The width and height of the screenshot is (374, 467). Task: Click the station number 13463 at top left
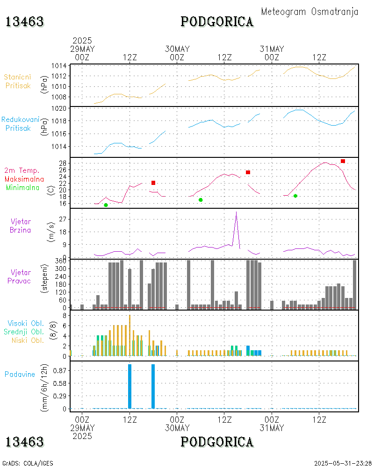[x=24, y=22]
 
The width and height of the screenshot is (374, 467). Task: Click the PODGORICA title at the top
[x=217, y=22]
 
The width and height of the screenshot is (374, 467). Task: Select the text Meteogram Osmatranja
[x=309, y=12]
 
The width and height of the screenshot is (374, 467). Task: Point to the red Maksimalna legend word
[x=24, y=179]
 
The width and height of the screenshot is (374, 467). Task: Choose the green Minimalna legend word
[x=23, y=187]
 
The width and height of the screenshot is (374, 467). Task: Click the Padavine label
[x=20, y=374]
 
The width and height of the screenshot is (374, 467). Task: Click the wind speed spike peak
[x=236, y=212]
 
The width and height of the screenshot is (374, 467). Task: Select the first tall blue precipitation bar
[x=129, y=386]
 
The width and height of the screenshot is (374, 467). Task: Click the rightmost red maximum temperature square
[x=343, y=161]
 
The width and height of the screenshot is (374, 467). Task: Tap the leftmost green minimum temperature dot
[x=106, y=205]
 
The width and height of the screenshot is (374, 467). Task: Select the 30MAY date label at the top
[x=177, y=49]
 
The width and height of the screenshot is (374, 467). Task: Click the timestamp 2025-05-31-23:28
[x=343, y=463]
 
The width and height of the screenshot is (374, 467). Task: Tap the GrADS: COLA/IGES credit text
[x=28, y=463]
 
